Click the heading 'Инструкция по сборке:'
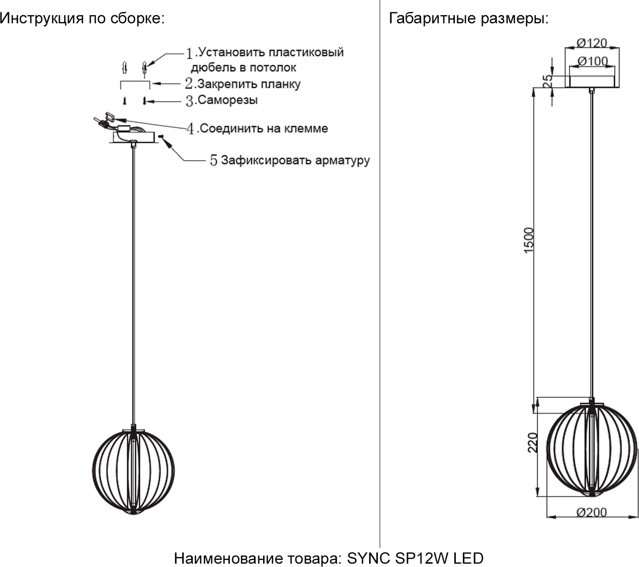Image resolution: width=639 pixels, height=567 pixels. tap(82, 19)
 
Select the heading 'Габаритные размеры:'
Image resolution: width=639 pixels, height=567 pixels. tap(469, 19)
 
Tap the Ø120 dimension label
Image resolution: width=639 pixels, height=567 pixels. tap(591, 43)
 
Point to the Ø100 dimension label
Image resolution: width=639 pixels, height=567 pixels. tap(592, 61)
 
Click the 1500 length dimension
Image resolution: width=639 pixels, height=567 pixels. tap(529, 241)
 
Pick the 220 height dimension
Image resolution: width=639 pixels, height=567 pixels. tap(533, 442)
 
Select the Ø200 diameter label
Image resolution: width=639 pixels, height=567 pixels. tap(591, 512)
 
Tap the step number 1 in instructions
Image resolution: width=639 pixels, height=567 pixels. tap(190, 53)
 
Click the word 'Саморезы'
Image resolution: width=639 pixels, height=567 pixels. tap(227, 100)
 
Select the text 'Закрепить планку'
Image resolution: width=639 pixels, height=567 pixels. tap(249, 84)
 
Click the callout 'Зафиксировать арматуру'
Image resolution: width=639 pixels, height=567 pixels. tap(295, 160)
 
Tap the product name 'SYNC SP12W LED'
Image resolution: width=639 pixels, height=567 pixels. tap(415, 558)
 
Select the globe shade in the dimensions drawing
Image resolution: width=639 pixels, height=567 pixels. tap(591, 450)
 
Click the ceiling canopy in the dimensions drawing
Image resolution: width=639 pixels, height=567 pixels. tap(591, 81)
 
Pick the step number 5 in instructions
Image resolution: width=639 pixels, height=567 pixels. tap(214, 161)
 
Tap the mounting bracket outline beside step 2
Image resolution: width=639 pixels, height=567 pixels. tap(135, 84)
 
